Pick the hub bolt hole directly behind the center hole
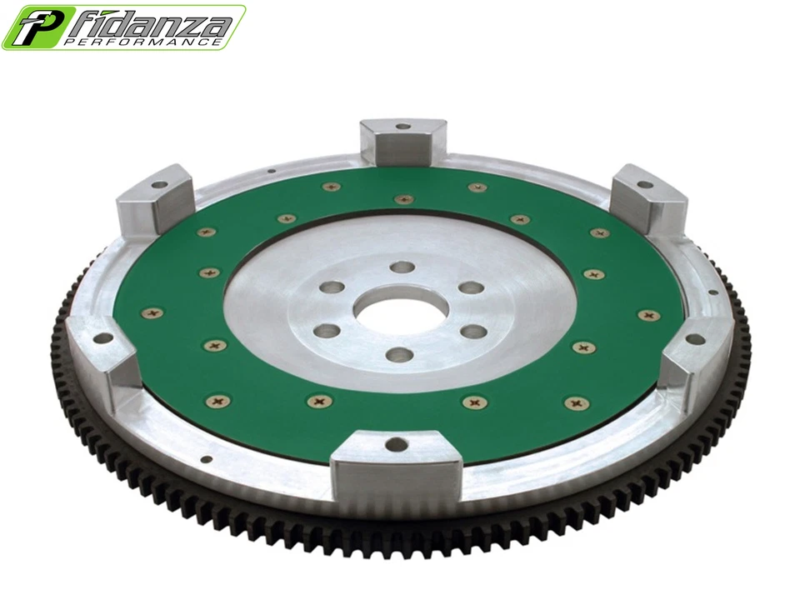pos(402,267)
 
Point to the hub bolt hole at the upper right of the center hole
pos(471,288)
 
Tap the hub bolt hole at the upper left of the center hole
pos(334,287)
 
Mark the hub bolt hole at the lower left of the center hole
pos(327,331)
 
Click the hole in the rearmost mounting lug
pos(402,127)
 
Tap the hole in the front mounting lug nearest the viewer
pos(397,444)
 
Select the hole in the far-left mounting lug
pos(102,338)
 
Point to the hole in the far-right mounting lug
pos(692,339)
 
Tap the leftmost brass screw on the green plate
pos(152,312)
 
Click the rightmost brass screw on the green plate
pos(647,316)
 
